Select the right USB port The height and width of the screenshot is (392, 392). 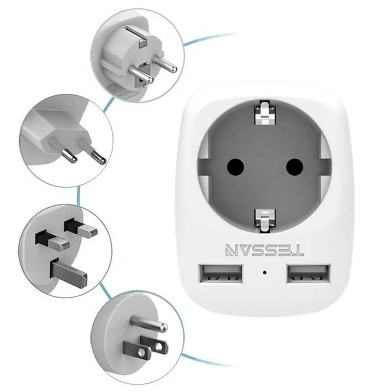tap(308, 274)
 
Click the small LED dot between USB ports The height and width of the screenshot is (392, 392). tap(265, 272)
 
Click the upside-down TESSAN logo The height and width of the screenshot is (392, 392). tap(265, 250)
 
